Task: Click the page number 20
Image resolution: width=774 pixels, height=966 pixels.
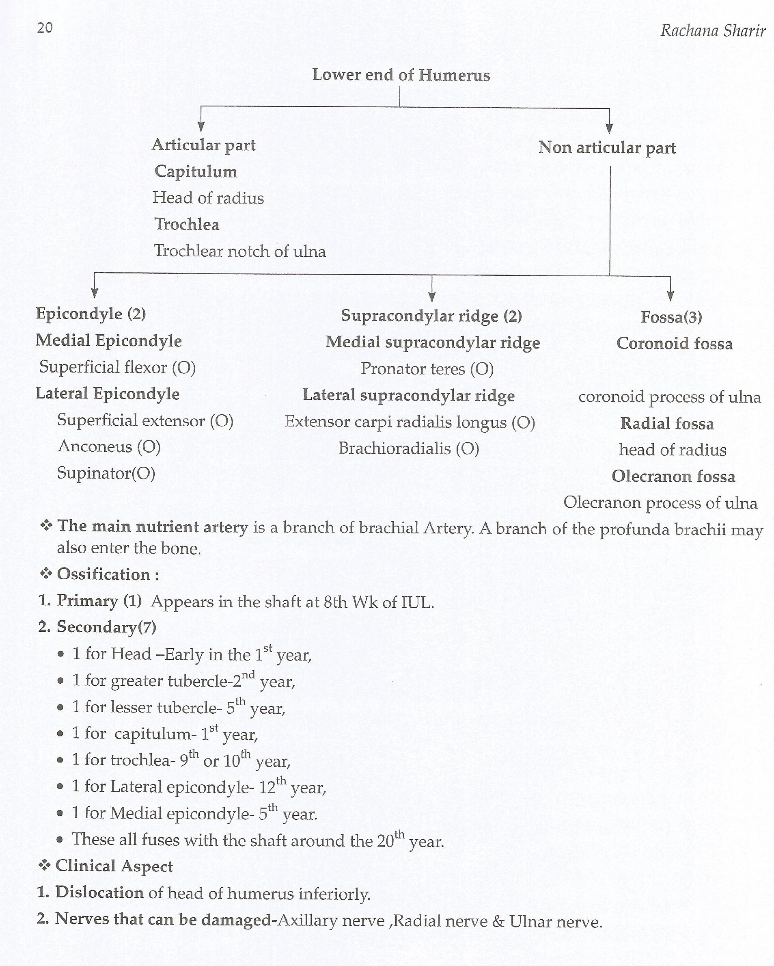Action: pos(45,28)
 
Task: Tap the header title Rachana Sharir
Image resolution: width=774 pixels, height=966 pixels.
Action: pos(713,31)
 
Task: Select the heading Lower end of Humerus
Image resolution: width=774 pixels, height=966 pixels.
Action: pos(401,75)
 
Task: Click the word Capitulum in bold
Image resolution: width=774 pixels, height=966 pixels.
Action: pos(196,171)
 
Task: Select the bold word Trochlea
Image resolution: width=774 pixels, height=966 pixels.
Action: pos(187,224)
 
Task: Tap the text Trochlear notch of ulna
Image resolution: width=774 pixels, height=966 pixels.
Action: pos(240,251)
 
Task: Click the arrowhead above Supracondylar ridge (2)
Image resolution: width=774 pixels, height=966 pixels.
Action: pos(432,296)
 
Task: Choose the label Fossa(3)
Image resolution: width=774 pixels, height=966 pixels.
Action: pos(671,317)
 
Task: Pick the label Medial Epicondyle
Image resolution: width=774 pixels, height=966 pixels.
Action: pos(109,341)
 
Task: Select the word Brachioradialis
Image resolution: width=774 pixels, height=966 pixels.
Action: pos(395,448)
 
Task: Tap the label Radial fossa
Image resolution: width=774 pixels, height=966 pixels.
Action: pos(667,424)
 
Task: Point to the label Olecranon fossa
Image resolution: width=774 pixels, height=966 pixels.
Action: pos(673,476)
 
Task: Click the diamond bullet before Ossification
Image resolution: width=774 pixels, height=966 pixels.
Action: pos(46,574)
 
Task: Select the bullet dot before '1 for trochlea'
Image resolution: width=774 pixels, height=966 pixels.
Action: pos(61,761)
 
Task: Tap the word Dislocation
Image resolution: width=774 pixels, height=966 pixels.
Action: pos(99,892)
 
